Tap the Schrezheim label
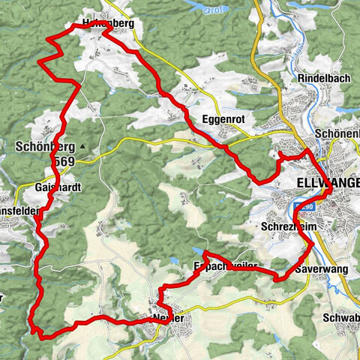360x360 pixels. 288,226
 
